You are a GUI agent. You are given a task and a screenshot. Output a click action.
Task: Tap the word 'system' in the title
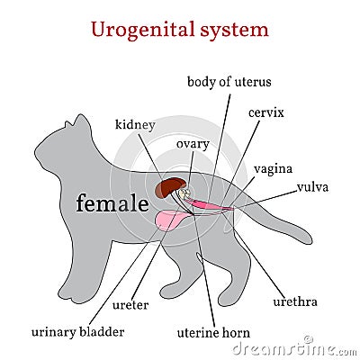click(234, 30)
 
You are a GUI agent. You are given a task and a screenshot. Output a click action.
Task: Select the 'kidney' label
click(135, 125)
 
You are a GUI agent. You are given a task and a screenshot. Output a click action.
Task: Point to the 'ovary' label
click(193, 145)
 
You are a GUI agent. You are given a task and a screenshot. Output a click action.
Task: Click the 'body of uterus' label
click(229, 82)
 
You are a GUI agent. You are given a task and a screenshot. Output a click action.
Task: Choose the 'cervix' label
click(266, 112)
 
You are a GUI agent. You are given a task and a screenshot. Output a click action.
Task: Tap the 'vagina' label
click(273, 169)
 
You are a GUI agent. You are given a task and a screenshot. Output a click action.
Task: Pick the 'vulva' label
click(313, 187)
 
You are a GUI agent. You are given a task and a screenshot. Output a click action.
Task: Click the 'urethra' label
click(295, 301)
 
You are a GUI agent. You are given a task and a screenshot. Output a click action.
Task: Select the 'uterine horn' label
click(213, 333)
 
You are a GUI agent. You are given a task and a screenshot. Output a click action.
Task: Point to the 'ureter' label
click(130, 305)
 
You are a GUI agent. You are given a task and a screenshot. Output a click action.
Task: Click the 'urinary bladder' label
click(77, 332)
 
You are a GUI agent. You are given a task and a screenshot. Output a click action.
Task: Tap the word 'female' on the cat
click(112, 203)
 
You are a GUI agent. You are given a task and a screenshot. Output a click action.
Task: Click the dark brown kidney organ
click(170, 187)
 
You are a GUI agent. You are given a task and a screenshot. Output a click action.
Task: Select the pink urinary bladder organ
click(170, 220)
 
